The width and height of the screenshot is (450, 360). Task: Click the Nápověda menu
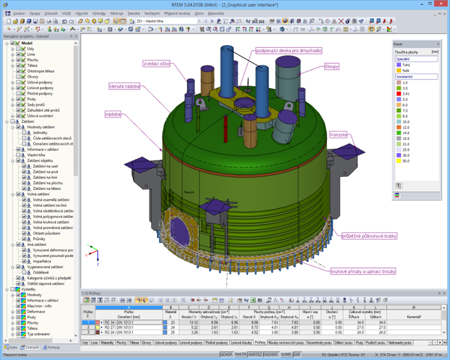click(216, 12)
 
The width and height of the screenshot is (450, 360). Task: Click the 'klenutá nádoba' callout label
click(124, 86)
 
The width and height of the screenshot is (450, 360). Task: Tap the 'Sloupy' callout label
click(332, 66)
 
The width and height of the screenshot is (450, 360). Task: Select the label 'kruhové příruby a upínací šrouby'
click(362, 271)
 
